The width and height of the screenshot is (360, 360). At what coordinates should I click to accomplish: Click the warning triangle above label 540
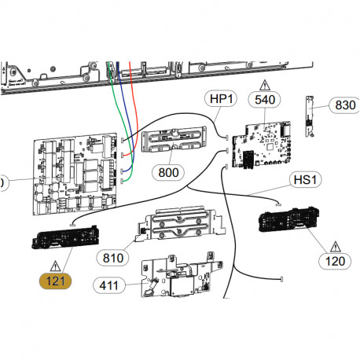(x=265, y=83)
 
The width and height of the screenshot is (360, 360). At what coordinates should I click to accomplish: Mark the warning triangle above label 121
(x=55, y=264)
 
